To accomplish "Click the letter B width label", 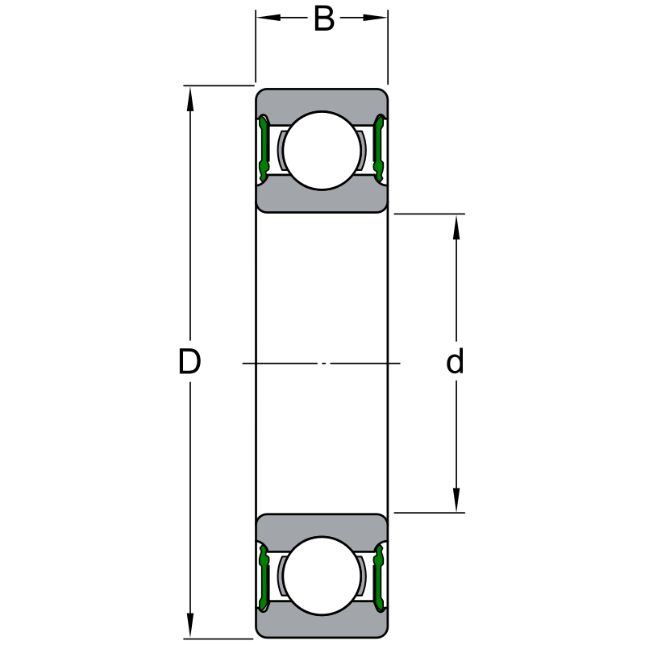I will point(323,19).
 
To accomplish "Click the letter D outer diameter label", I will point(189,363).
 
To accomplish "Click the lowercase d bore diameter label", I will point(456,363).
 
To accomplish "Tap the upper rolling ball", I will point(322,151).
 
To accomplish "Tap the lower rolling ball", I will point(322,576).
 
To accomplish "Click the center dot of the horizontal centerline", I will point(324,364).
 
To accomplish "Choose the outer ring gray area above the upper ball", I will point(322,99).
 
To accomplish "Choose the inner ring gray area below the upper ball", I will point(322,200).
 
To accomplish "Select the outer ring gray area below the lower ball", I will point(322,626).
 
